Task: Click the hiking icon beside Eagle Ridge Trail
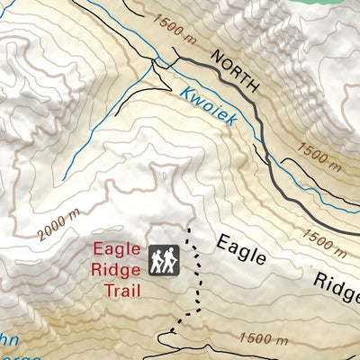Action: pos(164,260)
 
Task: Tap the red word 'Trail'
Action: pos(122,289)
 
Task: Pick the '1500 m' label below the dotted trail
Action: pos(264,338)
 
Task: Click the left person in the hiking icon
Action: pos(157,261)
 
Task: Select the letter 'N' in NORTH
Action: pos(215,56)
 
